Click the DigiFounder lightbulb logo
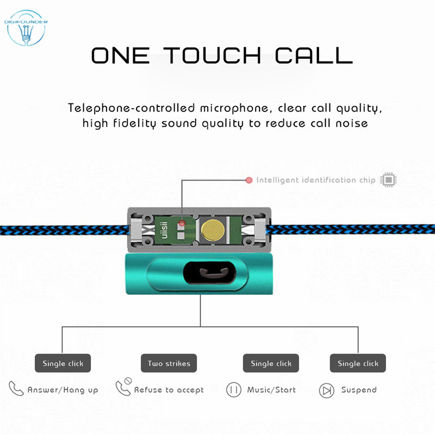point(26,28)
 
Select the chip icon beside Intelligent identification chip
point(388,180)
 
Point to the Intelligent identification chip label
point(316,180)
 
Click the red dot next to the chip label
point(249,180)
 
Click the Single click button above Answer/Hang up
point(63,363)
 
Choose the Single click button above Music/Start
point(271,363)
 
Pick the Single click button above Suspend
point(358,363)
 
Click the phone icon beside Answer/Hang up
point(16,389)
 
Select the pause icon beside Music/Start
point(234,390)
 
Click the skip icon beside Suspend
point(326,390)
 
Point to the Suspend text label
point(359,390)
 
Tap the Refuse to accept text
point(169,390)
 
